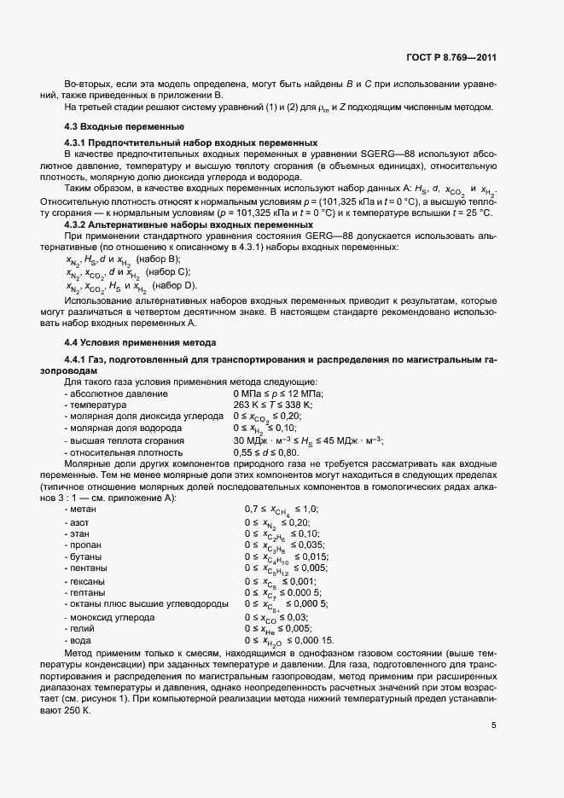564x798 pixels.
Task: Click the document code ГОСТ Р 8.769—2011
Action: click(x=452, y=58)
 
